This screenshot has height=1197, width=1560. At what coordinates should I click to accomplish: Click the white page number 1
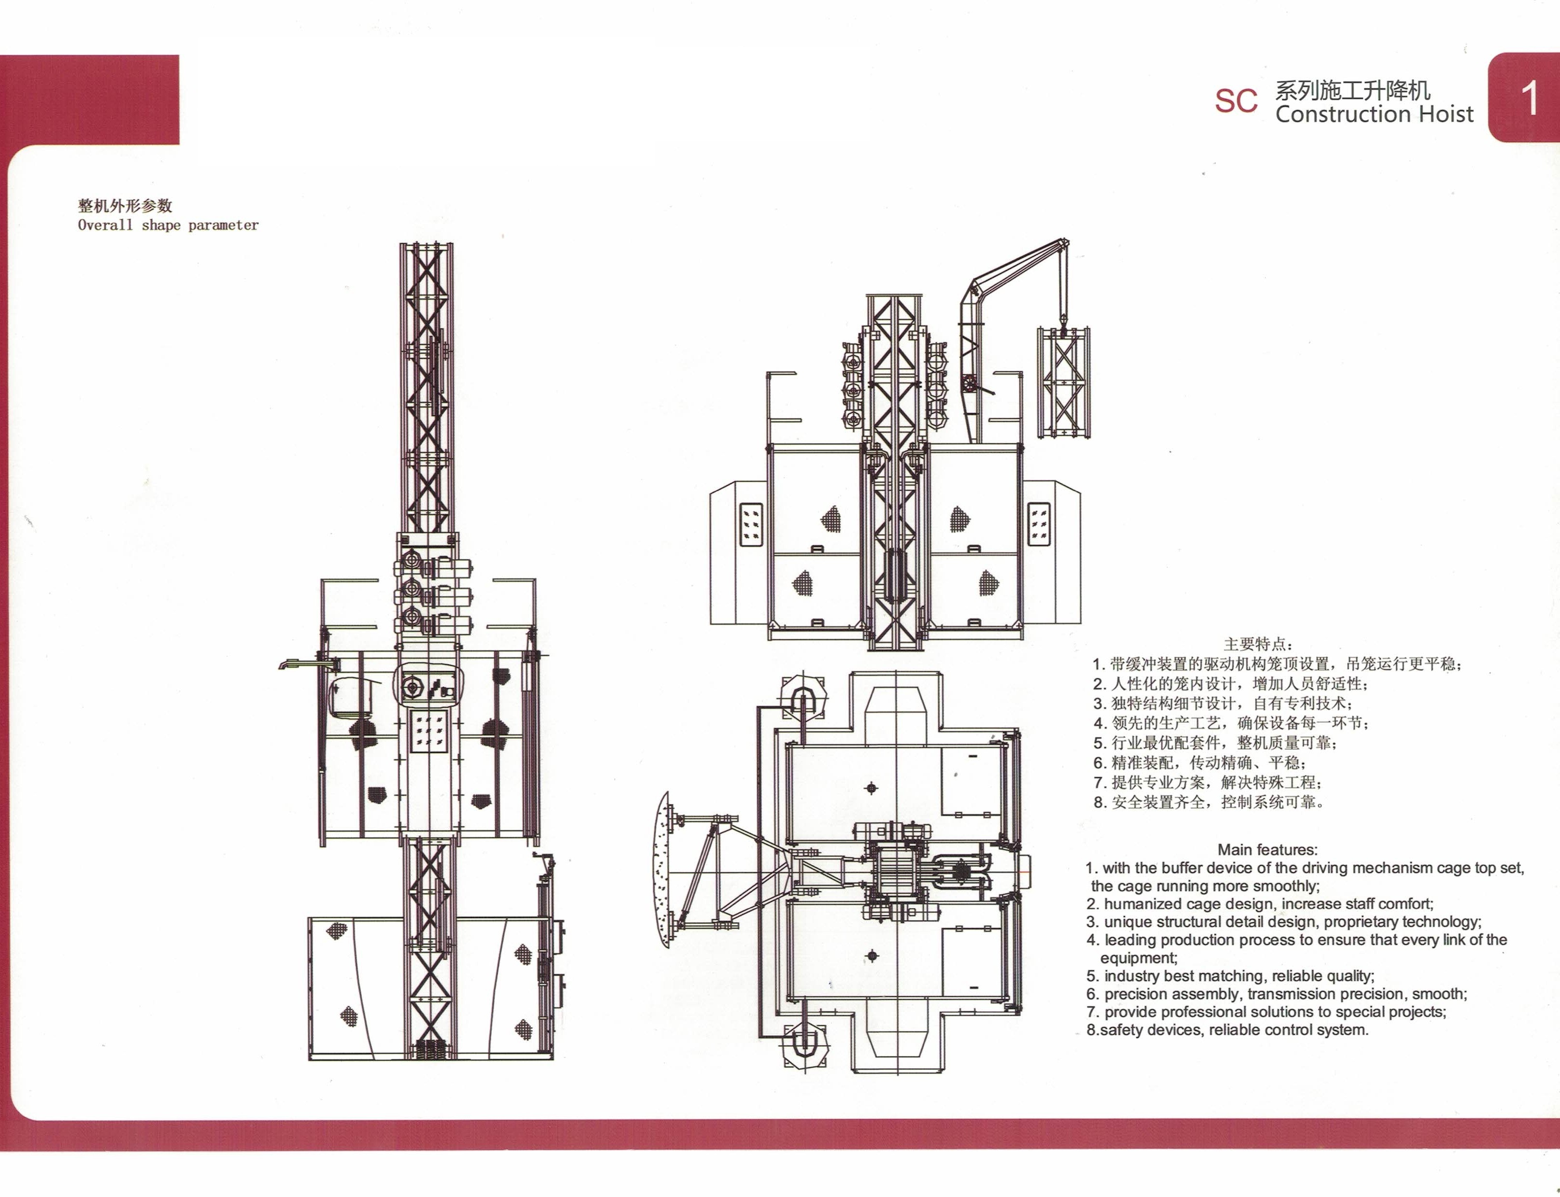tap(1529, 100)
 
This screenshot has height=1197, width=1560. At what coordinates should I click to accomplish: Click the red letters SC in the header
tap(1236, 101)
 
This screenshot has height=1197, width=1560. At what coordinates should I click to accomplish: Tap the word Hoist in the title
tap(1445, 115)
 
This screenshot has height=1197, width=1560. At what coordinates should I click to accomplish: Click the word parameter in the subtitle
tap(223, 225)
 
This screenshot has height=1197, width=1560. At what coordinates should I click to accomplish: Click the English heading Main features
tap(1268, 849)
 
